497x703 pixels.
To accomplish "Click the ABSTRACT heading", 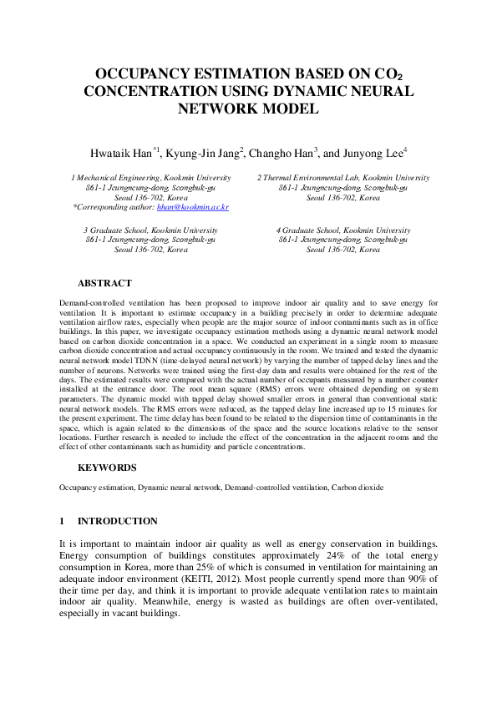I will (104, 284).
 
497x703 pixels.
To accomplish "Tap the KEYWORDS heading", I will (106, 468).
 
